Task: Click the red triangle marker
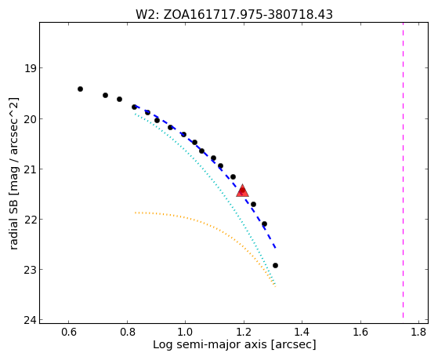pos(242,191)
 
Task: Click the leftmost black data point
pos(80,89)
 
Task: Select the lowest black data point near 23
pos(275,265)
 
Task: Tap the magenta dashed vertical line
pos(403,170)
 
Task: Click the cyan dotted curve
pos(223,191)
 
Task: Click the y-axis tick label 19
pos(30,68)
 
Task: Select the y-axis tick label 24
pos(30,320)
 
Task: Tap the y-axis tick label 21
pos(30,169)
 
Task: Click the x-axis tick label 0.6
pos(69,332)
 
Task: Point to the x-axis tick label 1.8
pos(418,332)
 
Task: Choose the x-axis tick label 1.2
pos(244,332)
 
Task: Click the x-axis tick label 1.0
pos(186,332)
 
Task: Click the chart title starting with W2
pos(234,14)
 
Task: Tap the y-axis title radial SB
pos(13,173)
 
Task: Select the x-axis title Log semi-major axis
pos(234,344)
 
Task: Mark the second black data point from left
pos(105,96)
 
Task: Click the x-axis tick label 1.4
pos(302,332)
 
